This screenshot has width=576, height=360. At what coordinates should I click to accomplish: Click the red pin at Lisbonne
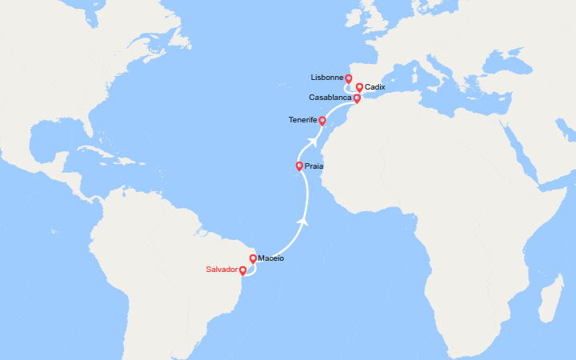349,79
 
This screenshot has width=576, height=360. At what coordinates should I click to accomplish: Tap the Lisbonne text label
326,78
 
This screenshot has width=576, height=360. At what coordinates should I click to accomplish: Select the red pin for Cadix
360,87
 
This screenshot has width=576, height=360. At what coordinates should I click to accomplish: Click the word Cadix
374,86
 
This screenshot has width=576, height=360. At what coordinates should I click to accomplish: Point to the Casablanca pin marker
357,98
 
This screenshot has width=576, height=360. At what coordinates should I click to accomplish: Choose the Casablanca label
330,98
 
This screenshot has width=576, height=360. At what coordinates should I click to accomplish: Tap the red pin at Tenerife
322,121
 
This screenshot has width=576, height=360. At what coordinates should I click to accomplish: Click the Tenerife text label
302,121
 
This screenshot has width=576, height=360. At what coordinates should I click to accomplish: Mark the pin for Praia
299,166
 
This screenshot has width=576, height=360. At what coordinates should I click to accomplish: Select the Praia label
314,166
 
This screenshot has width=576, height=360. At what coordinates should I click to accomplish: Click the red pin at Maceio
253,259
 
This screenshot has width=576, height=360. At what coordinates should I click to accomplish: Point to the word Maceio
270,258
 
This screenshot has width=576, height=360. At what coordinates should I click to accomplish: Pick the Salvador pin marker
242,270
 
